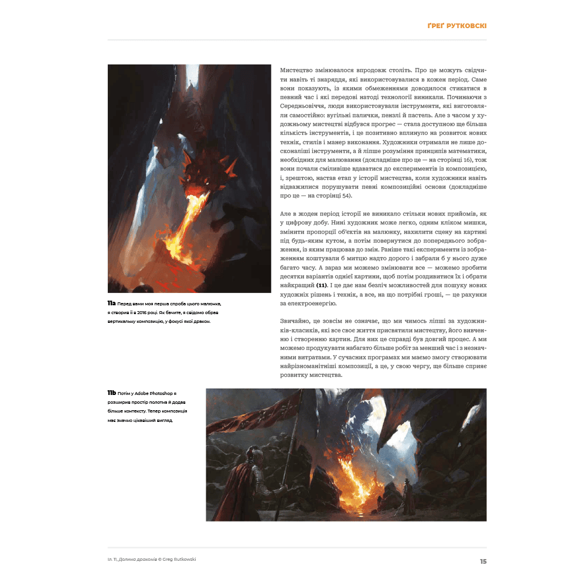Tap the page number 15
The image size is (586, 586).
pos(483,561)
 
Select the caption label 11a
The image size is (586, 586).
pos(111,304)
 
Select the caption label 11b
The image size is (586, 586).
pos(111,392)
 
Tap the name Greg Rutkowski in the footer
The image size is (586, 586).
pos(178,559)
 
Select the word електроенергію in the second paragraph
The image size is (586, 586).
pos(311,304)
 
